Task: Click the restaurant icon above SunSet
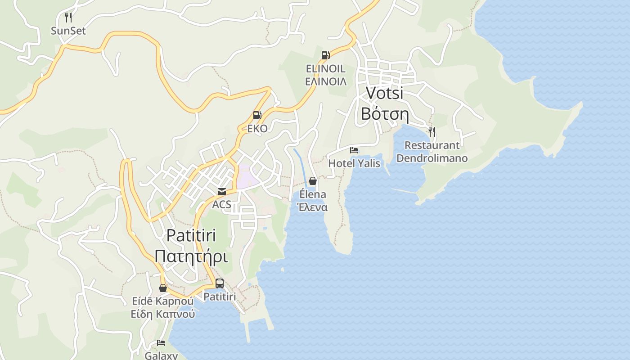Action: tap(68, 18)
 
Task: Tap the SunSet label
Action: tap(68, 31)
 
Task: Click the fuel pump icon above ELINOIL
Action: tap(325, 55)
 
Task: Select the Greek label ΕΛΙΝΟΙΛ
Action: tap(326, 82)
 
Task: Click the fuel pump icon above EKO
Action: tap(257, 115)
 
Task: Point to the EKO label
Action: tap(257, 129)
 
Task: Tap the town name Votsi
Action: tap(384, 93)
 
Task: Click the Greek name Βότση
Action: tap(384, 114)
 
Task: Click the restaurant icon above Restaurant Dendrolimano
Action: tap(432, 131)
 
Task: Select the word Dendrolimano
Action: tap(432, 158)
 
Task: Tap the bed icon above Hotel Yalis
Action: tap(354, 150)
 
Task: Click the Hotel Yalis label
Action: tap(354, 163)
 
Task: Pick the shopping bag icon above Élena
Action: tap(313, 181)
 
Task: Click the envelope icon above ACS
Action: tap(222, 191)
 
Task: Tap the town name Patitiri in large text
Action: tap(191, 235)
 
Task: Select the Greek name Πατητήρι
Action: tap(191, 256)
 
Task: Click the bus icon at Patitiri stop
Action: tap(220, 283)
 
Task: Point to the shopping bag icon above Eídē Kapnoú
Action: tap(163, 288)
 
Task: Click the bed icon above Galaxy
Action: tap(161, 343)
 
